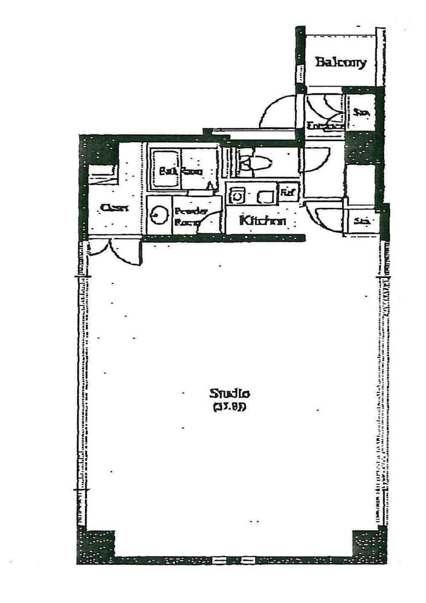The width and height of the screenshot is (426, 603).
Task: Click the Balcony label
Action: click(x=340, y=63)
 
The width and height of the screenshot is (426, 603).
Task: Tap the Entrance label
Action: click(x=324, y=127)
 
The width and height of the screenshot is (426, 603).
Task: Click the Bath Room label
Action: click(x=181, y=171)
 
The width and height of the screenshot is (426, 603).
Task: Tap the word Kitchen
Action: click(x=263, y=221)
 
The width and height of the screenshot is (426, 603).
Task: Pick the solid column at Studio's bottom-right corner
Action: click(x=369, y=544)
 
